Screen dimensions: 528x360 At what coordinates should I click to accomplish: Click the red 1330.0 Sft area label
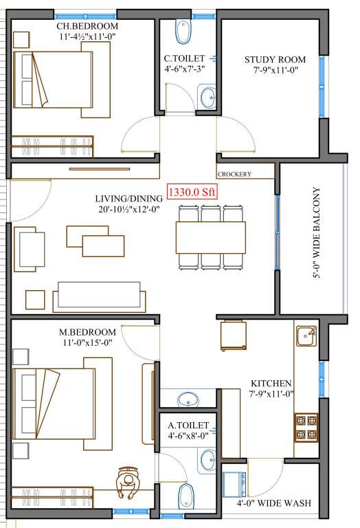pos(192,192)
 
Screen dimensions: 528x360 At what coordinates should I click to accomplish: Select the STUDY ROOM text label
pos(275,60)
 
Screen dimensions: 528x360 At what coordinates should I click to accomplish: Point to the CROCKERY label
pos(235,175)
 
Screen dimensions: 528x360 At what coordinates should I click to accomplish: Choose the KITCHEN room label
pos(271,383)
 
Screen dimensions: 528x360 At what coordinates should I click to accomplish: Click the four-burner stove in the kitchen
pos(306,426)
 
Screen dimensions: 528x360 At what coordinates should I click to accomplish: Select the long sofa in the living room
pos(101,295)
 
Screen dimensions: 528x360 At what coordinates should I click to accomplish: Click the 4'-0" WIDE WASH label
pos(274,503)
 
